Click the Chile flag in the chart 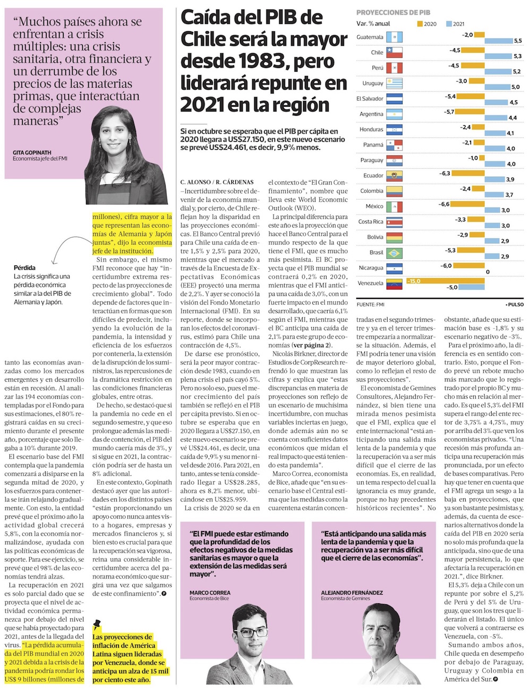(394, 53)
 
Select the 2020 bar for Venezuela (432, 281)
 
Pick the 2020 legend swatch (419, 24)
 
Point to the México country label (374, 206)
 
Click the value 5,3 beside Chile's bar (517, 56)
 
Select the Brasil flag (394, 253)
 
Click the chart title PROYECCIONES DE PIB (393, 12)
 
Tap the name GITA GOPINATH (32, 153)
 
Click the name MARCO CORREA (210, 593)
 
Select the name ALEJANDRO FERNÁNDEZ (352, 593)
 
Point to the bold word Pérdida (25, 268)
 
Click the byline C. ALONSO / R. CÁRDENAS (217, 182)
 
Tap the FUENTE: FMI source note (370, 305)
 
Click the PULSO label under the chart (514, 305)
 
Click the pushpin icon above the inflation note (97, 625)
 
